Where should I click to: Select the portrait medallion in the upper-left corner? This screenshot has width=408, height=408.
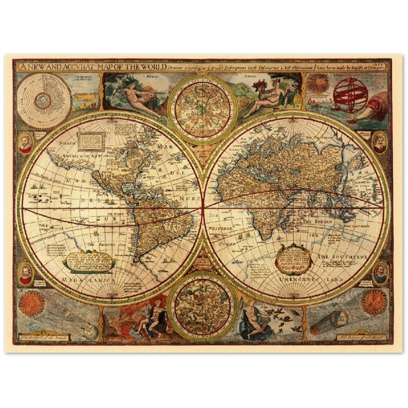pyautogui.click(x=25, y=142)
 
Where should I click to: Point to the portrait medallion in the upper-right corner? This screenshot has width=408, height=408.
pyautogui.click(x=380, y=141)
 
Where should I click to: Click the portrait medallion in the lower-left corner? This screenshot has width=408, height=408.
pyautogui.click(x=25, y=273)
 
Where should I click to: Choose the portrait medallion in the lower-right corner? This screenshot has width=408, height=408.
pyautogui.click(x=380, y=272)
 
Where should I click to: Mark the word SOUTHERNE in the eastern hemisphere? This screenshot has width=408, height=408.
pyautogui.click(x=350, y=255)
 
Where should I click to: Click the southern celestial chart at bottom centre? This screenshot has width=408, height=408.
pyautogui.click(x=202, y=307)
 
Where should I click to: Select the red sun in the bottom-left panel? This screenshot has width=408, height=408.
pyautogui.click(x=31, y=303)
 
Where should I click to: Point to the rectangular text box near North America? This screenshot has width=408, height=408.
pyautogui.click(x=91, y=139)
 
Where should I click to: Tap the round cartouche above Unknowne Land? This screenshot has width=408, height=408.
pyautogui.click(x=293, y=258)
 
